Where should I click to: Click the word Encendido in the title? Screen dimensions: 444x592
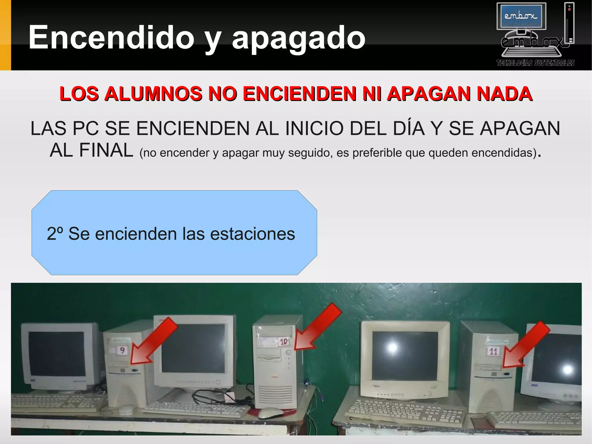click(111, 38)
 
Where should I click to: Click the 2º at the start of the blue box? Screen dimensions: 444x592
click(55, 234)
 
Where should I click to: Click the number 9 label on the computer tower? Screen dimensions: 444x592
click(122, 350)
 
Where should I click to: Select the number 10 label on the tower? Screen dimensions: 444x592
click(284, 342)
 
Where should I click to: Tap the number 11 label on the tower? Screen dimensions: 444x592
click(493, 351)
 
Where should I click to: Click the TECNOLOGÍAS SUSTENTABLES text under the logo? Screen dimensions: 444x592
click(535, 63)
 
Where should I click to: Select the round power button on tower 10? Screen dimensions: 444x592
click(288, 352)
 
